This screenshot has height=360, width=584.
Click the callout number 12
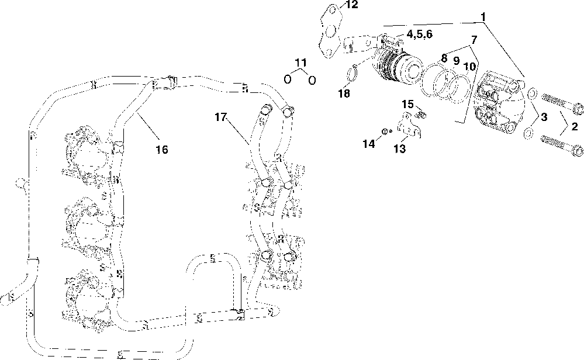(x=350, y=5)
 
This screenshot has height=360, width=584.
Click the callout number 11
(x=300, y=63)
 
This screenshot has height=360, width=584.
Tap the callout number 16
(x=161, y=150)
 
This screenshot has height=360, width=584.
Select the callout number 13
(x=399, y=149)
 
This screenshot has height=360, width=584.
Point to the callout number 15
(x=407, y=104)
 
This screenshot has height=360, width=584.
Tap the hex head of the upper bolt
(x=578, y=109)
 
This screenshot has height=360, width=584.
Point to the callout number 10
(x=469, y=66)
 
